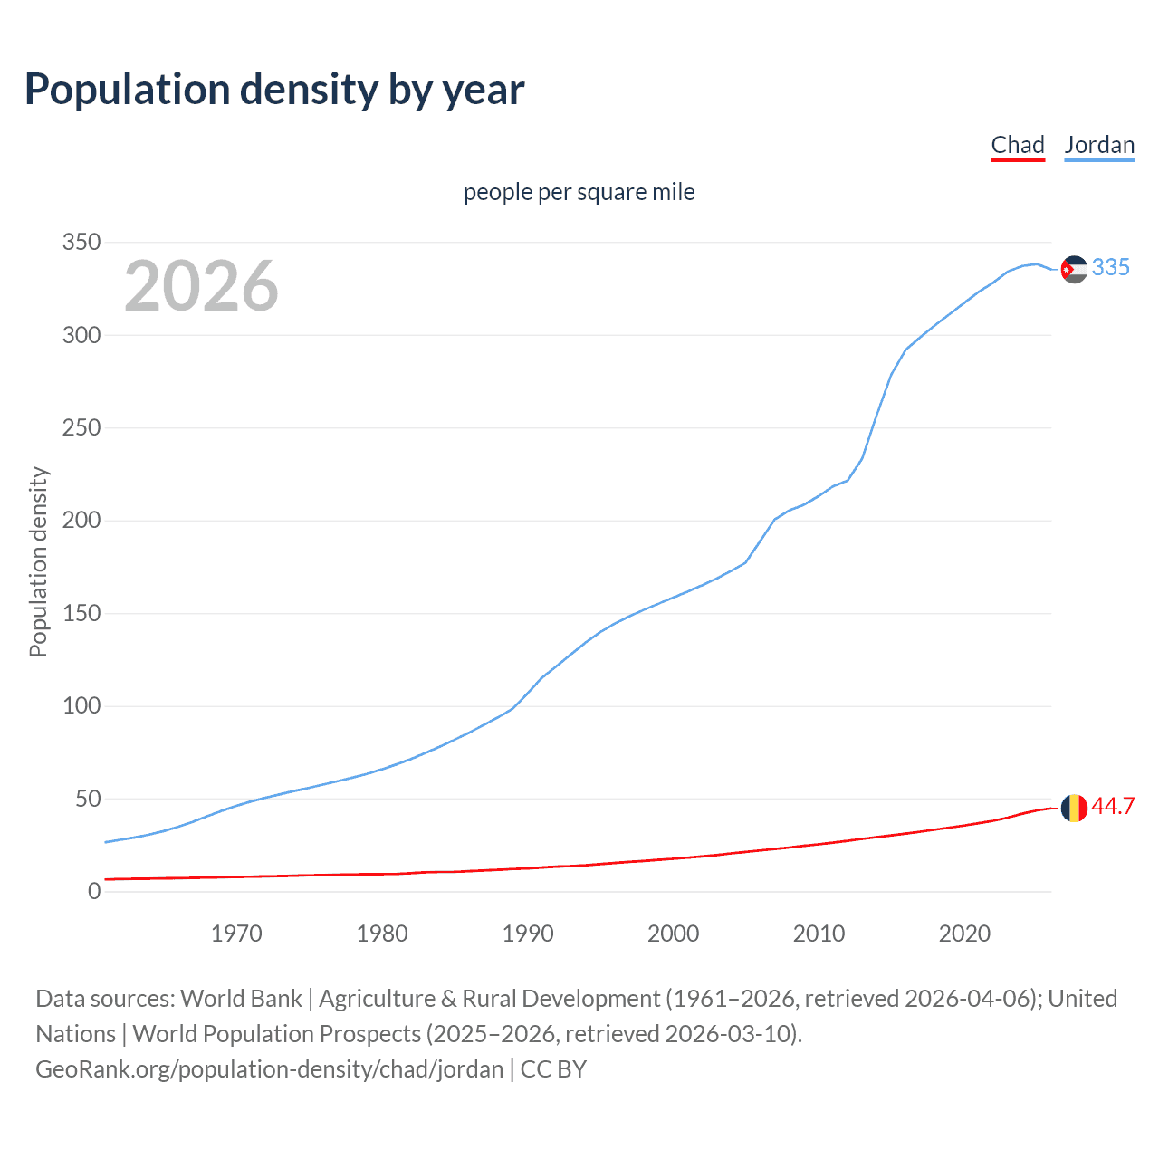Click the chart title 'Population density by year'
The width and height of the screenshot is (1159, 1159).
[274, 90]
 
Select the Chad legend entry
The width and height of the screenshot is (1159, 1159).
[1018, 145]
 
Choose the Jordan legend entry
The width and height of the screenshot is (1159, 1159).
[1099, 145]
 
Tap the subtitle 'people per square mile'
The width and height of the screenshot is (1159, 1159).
[579, 193]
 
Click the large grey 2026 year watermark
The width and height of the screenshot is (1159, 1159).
[201, 286]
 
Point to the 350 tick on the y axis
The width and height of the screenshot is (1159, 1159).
[81, 243]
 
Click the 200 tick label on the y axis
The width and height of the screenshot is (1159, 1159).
[81, 521]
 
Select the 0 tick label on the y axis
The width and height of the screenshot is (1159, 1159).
[94, 892]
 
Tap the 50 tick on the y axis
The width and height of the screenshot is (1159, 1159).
[87, 799]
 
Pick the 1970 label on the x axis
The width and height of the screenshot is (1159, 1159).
[236, 934]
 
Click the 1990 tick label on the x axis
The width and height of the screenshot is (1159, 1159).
[528, 934]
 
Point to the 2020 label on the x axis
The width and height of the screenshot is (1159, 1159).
[964, 934]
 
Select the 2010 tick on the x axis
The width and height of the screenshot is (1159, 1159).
[819, 934]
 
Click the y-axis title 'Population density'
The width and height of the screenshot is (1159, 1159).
[38, 561]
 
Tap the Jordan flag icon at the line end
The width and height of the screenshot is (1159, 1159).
[1074, 269]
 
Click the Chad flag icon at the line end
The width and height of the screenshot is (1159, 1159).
[1074, 807]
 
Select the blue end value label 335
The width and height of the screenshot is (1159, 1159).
[1111, 267]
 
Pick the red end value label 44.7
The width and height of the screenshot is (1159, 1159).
[1113, 806]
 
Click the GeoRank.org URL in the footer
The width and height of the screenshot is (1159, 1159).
[269, 1069]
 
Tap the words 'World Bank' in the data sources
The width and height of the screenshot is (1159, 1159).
[241, 999]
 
